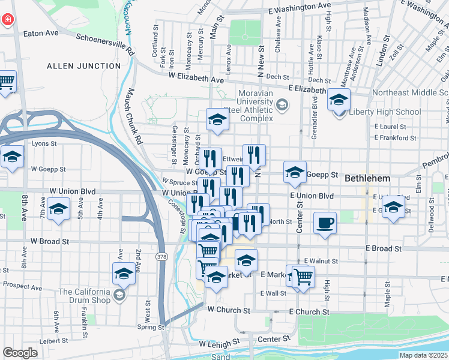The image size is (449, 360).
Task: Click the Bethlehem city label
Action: tap(367, 179)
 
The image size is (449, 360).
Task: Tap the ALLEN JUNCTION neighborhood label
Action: tap(83, 65)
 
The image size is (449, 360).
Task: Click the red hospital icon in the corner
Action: tap(7, 19)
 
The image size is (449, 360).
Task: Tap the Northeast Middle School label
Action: tap(409, 92)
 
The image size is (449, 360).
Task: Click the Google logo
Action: tap(20, 353)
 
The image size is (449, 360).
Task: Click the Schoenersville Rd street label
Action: tap(106, 43)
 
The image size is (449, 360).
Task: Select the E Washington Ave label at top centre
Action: tap(300, 8)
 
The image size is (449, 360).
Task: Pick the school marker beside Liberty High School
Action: tap(339, 99)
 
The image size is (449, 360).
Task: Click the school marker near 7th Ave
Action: tap(58, 211)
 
